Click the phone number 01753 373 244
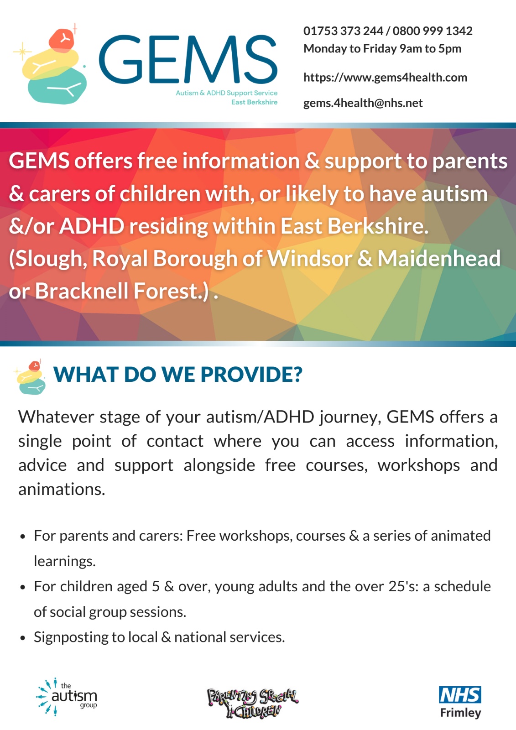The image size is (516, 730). click(343, 31)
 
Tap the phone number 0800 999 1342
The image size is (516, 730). click(433, 31)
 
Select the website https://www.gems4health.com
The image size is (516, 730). click(385, 78)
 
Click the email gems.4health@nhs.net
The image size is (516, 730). click(363, 103)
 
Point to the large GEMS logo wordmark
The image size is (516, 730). click(188, 59)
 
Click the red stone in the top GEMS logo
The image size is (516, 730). click(62, 41)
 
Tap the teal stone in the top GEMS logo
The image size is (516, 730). click(57, 86)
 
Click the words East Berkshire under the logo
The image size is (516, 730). click(254, 102)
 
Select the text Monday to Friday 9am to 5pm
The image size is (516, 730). click(382, 49)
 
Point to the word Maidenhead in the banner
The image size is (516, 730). click(439, 258)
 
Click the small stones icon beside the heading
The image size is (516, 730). click(30, 377)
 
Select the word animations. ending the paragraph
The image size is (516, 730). click(62, 489)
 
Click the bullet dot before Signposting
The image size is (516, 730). click(22, 638)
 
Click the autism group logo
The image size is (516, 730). click(67, 697)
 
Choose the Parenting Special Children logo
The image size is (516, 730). click(252, 703)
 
